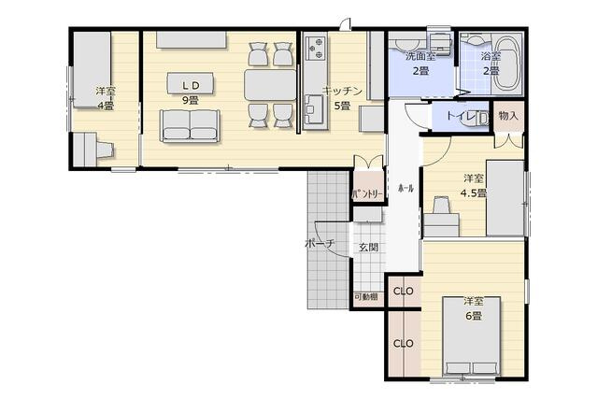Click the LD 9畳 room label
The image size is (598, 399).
tap(190, 93)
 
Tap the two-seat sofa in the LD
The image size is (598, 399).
tap(190, 126)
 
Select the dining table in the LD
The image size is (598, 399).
tap(270, 85)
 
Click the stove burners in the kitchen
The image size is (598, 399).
tap(316, 48)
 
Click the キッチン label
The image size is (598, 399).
tap(342, 92)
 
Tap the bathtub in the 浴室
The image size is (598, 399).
tap(507, 64)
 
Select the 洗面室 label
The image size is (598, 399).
tap(420, 56)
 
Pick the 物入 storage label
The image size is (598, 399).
tap(508, 116)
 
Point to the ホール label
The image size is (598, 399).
tap(406, 188)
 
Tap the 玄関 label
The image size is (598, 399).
tap(368, 248)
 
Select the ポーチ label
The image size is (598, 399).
tap(320, 243)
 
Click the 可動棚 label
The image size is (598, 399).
tap(366, 296)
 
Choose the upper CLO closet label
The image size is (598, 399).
tap(403, 292)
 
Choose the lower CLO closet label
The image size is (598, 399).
tap(403, 344)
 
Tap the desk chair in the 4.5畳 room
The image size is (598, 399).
tap(442, 206)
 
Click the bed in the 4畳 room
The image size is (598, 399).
tap(92, 70)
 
